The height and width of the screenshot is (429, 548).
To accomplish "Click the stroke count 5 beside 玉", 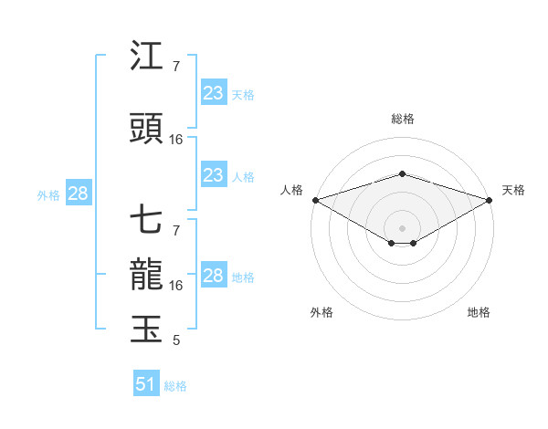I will [176, 340].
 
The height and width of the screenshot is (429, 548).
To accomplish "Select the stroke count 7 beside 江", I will [176, 67].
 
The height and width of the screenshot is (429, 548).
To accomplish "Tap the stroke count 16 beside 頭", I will [176, 139].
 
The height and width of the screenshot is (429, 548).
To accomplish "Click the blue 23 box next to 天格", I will [213, 93].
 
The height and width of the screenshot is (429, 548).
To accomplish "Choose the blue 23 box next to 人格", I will [213, 175].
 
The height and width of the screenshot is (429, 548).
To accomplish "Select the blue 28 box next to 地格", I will [213, 276].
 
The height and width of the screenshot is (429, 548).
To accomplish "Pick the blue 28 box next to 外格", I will [78, 194].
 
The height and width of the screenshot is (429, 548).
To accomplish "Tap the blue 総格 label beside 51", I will [175, 386].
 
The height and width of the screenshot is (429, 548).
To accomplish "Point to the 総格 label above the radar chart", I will [402, 119].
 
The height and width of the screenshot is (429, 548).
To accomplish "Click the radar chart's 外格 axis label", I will [321, 312].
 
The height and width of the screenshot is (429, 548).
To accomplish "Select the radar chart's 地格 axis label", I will [479, 312].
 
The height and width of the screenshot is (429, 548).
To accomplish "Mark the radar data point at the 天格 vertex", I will [489, 199].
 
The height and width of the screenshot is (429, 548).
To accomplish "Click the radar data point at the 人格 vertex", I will [315, 199].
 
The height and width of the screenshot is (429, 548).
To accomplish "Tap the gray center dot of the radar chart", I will [402, 227].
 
